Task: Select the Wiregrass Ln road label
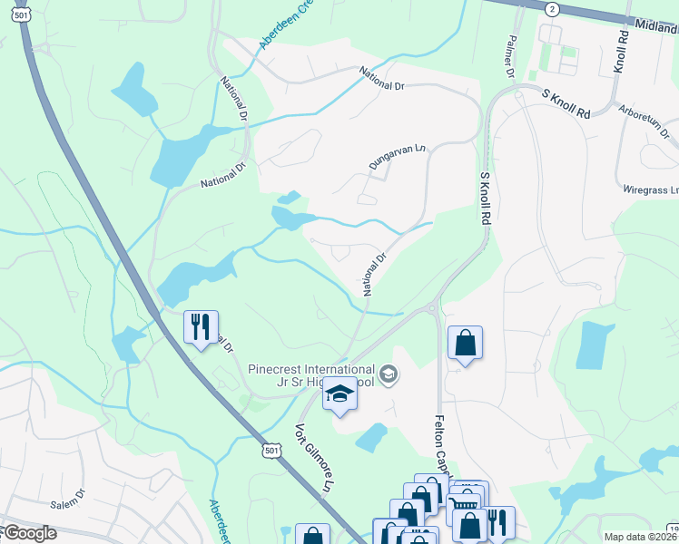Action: pyautogui.click(x=650, y=190)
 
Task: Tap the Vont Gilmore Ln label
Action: pyautogui.click(x=310, y=457)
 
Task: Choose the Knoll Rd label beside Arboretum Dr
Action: pyautogui.click(x=621, y=53)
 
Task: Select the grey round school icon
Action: pyautogui.click(x=389, y=374)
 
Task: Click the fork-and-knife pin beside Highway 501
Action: pyautogui.click(x=202, y=325)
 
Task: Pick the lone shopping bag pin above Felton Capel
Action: pyautogui.click(x=465, y=343)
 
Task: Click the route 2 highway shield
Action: pyautogui.click(x=550, y=8)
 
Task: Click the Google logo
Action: pyautogui.click(x=29, y=533)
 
